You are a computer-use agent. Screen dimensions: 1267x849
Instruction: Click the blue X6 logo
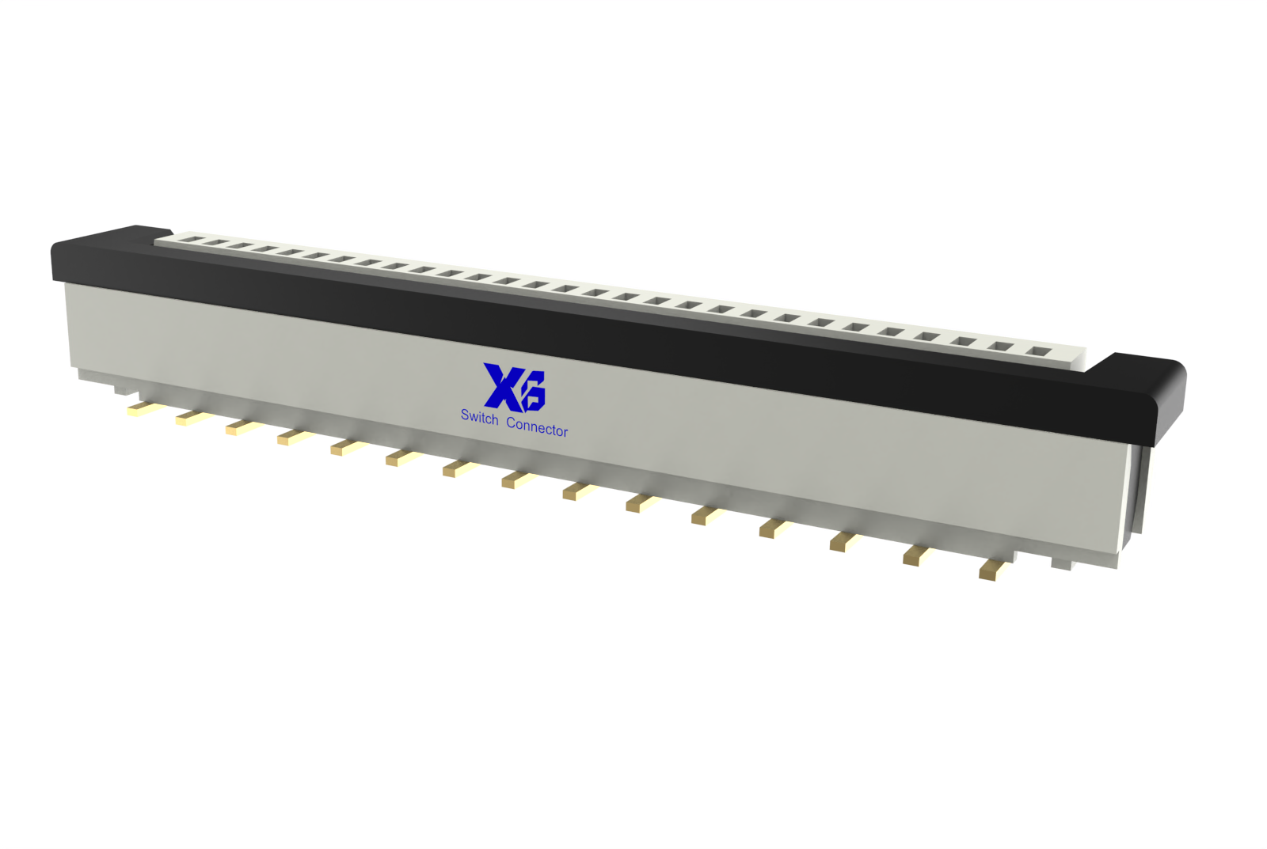point(514,388)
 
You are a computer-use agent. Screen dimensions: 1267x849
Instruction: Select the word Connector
point(537,427)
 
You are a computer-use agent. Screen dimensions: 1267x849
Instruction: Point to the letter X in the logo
point(502,387)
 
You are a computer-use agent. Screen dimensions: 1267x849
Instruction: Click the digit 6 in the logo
point(534,391)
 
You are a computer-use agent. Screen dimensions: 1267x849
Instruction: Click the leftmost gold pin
point(141,408)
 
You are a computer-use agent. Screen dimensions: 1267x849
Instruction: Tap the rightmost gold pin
point(994,569)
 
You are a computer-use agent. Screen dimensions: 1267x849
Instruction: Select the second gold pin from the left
point(191,419)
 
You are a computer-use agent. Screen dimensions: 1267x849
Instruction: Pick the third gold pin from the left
point(242,428)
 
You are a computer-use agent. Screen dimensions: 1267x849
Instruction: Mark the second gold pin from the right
point(918,555)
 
